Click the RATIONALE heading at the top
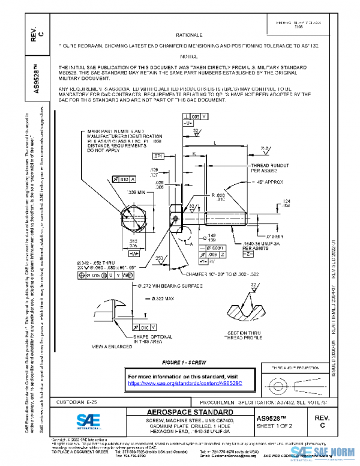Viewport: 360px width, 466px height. pos(193,35)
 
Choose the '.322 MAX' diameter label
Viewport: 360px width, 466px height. pos(163,298)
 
